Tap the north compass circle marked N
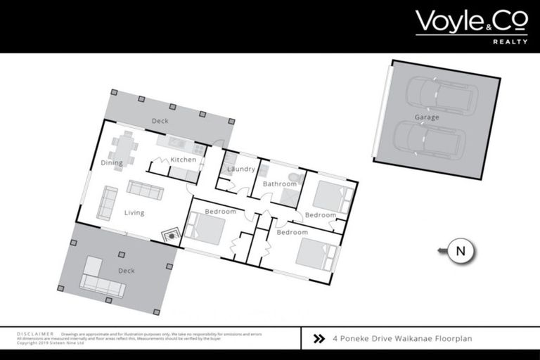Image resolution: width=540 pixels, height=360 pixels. click(x=461, y=250)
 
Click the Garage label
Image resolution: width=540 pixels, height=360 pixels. click(x=426, y=117)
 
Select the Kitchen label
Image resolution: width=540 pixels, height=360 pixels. click(x=184, y=160)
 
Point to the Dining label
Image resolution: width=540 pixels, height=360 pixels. click(x=112, y=163)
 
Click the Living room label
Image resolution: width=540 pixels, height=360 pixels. click(x=134, y=212)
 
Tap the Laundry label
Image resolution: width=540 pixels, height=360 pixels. click(x=240, y=169)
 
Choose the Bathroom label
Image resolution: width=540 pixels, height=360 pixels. click(x=279, y=184)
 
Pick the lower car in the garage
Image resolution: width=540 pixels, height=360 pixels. click(x=430, y=139)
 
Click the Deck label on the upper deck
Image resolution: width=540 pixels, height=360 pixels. click(x=160, y=121)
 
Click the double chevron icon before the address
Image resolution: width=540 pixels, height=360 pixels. click(x=319, y=338)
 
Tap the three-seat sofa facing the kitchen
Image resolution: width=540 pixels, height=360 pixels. click(x=145, y=189)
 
